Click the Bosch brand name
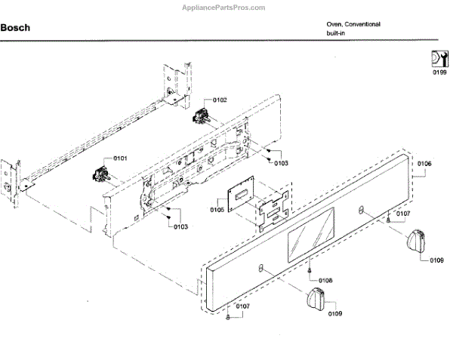16,28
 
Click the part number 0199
438,74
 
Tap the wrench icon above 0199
438,59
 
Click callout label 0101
120,158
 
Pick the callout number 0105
217,209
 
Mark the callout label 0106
424,164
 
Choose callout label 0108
325,280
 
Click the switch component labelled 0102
202,116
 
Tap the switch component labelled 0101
99,174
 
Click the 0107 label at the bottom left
242,306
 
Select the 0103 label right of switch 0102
281,163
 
